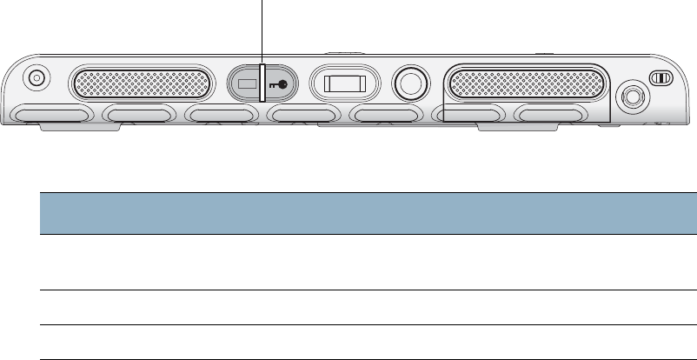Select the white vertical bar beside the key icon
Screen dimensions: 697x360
[x=262, y=83]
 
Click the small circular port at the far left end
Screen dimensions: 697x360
[x=36, y=77]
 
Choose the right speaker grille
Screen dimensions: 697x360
[x=524, y=83]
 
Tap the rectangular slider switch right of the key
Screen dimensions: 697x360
[x=344, y=84]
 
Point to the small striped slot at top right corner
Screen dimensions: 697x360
[x=662, y=77]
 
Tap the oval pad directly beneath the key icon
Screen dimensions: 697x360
[x=302, y=116]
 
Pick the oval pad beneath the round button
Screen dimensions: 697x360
[x=388, y=116]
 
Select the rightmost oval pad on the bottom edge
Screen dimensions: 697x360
[x=550, y=116]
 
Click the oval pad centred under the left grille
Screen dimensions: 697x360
[x=139, y=116]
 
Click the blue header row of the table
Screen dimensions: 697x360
[x=368, y=213]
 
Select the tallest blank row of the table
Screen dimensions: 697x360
[x=368, y=262]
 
